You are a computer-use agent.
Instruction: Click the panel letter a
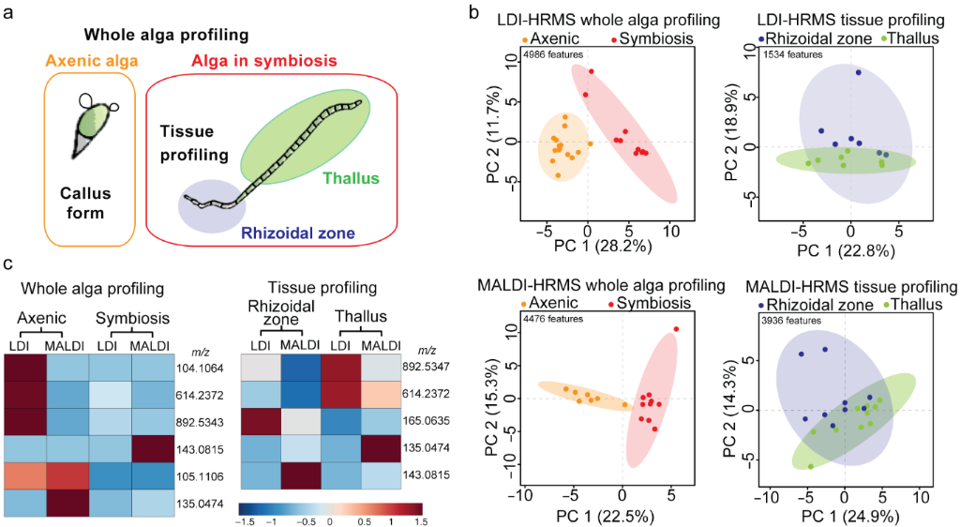click(x=8, y=13)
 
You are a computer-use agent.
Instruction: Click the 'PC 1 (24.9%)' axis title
click(x=844, y=516)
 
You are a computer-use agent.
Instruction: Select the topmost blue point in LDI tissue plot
click(x=857, y=72)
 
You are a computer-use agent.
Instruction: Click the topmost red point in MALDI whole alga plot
click(x=676, y=329)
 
